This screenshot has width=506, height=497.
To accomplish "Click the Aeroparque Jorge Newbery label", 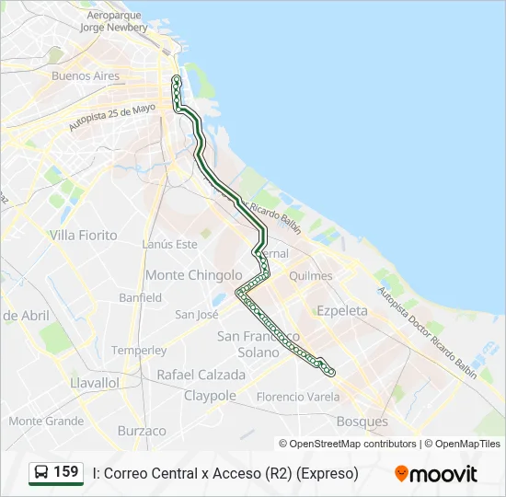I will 114,21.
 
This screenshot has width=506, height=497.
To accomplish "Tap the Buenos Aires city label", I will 86,75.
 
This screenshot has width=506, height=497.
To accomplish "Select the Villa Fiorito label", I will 84,236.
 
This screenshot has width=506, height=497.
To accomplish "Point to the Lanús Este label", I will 170,245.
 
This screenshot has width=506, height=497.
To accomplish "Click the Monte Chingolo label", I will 193,275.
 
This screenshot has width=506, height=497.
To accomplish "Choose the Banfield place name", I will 140,298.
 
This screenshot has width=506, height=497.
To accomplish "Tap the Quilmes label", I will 310,276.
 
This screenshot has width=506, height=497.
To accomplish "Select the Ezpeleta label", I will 341,311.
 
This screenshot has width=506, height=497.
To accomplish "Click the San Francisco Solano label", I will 259,344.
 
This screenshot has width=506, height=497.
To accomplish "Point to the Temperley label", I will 139,351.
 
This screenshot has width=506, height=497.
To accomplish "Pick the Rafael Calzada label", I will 201,376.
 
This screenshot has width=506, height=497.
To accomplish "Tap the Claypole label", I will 210,396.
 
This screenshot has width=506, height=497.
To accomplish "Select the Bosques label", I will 362,422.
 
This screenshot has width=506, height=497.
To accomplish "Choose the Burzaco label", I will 142,431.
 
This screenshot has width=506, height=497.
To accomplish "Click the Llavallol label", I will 95,382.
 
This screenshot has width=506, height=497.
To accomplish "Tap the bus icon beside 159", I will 41,473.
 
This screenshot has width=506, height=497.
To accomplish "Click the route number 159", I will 66,472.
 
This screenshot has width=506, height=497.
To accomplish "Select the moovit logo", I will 436,474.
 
